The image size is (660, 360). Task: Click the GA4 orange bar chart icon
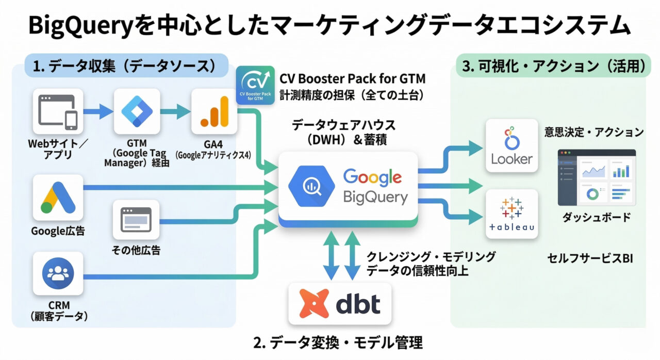click(x=214, y=111)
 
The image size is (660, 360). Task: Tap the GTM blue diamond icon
click(x=137, y=111)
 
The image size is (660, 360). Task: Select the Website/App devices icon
click(x=58, y=111)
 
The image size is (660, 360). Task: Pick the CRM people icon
click(x=58, y=273)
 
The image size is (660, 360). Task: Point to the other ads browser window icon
click(x=136, y=221)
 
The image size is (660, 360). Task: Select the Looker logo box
click(x=511, y=145)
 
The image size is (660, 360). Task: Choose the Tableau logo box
click(x=511, y=214)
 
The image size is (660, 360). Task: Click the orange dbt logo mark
click(x=315, y=304)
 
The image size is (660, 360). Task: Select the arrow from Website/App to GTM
click(x=97, y=111)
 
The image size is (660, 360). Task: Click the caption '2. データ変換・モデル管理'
click(x=338, y=342)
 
